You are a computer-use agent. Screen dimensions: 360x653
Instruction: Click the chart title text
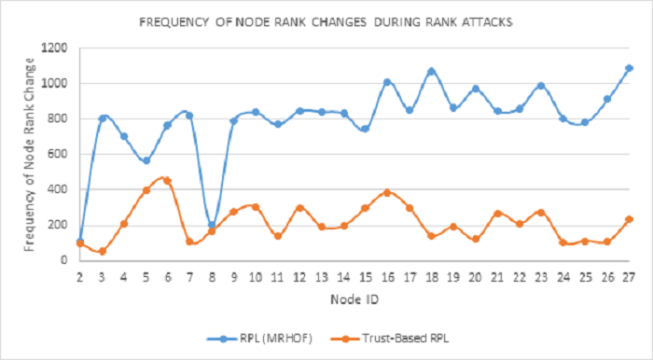pyautogui.click(x=326, y=20)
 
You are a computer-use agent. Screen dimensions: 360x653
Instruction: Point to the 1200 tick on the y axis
pyautogui.click(x=54, y=48)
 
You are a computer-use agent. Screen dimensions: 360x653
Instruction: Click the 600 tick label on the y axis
pyautogui.click(x=58, y=154)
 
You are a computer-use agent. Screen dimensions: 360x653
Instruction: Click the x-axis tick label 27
pyautogui.click(x=630, y=276)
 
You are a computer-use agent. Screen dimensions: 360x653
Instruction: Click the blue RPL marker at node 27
pyautogui.click(x=630, y=68)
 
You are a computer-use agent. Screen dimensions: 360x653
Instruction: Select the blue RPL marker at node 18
pyautogui.click(x=431, y=71)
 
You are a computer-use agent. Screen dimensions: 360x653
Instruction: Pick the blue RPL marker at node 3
pyautogui.click(x=102, y=118)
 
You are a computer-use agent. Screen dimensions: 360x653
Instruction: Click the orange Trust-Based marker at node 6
pyautogui.click(x=168, y=181)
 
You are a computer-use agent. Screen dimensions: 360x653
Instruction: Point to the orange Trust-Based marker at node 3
pyautogui.click(x=102, y=251)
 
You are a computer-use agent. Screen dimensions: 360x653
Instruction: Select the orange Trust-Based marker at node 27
pyautogui.click(x=630, y=219)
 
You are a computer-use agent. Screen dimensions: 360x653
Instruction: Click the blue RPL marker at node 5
pyautogui.click(x=146, y=160)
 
